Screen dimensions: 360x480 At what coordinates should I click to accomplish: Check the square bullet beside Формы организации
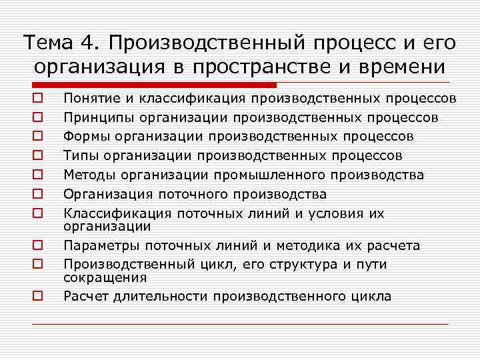click(x=39, y=137)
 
